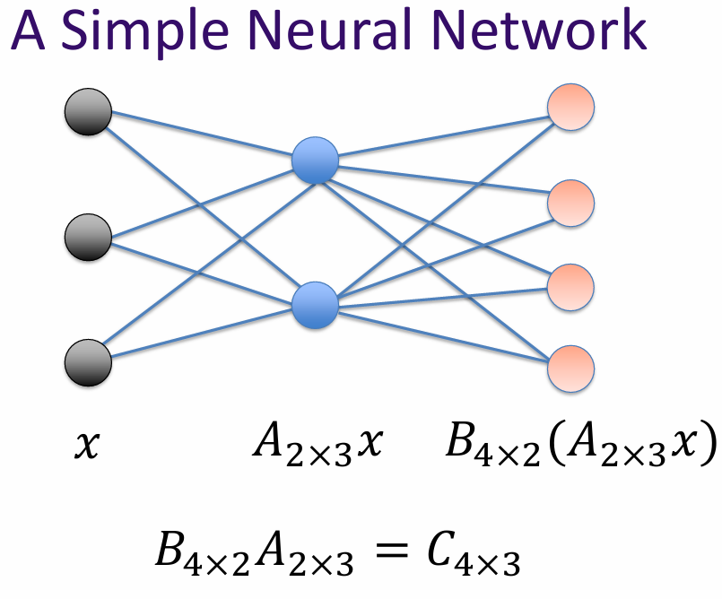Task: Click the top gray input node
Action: pos(88,113)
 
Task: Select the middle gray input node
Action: pos(88,238)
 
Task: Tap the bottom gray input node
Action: pos(88,363)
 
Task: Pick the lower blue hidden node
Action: pos(315,304)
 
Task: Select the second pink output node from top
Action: pos(571,203)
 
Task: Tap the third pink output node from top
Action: pos(571,285)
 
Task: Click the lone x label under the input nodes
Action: pos(86,445)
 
